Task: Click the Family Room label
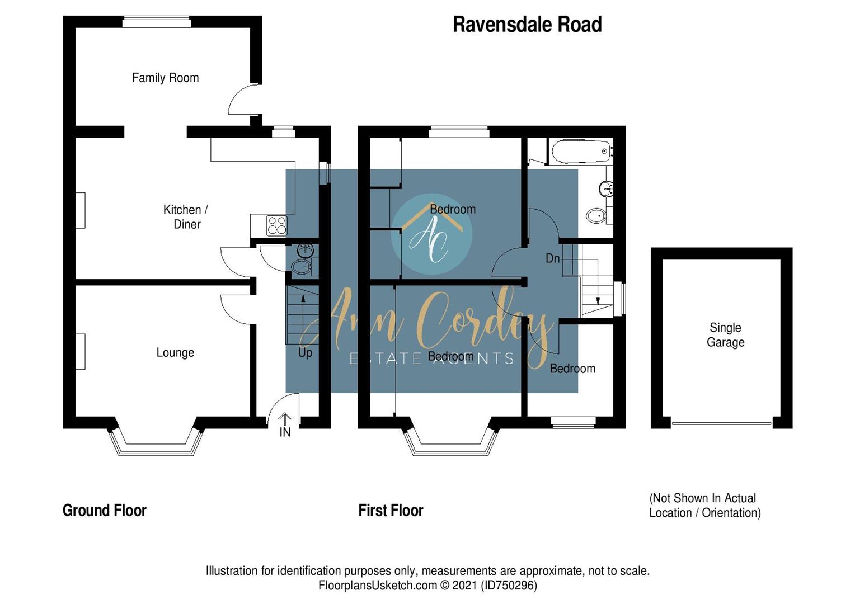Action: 165,78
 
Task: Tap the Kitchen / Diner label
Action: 186,217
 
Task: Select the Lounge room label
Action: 175,352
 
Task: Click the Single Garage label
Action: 725,335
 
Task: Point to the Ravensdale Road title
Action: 527,25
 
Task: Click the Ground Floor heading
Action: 105,510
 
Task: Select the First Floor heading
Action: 391,510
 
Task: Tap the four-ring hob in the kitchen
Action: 277,225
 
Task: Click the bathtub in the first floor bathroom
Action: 581,151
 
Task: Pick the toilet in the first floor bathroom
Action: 596,215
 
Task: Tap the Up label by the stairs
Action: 305,353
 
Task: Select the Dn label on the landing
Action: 552,258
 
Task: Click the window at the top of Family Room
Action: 157,22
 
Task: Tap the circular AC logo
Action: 431,234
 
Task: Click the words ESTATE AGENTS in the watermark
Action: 431,358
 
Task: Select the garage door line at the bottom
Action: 721,423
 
